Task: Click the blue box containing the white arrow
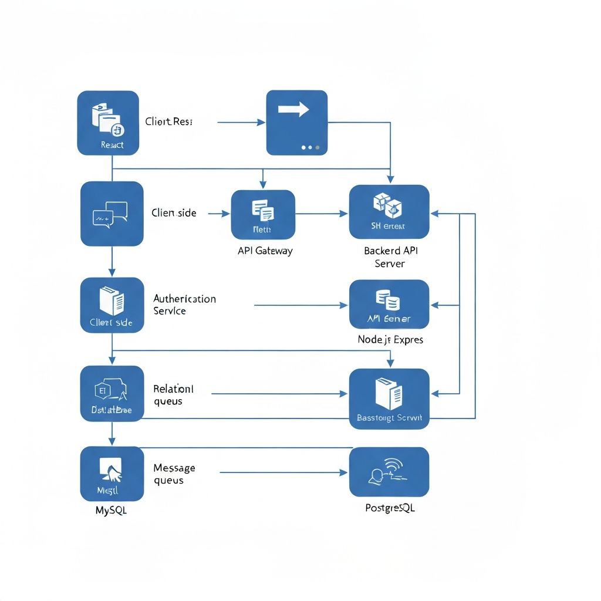point(296,122)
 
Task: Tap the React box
point(108,123)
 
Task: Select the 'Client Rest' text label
point(169,122)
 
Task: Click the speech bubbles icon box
point(112,214)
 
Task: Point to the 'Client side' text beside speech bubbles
point(174,213)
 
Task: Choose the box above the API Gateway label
point(263,214)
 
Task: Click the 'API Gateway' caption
point(265,251)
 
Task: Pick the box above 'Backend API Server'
point(389,212)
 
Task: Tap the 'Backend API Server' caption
point(391,257)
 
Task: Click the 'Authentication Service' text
point(184,305)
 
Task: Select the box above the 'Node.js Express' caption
point(389,304)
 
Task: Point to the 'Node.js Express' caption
point(390,340)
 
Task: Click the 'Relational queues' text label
point(173,395)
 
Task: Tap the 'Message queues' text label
point(174,474)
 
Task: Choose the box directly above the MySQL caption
point(112,473)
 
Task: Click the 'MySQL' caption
point(111,511)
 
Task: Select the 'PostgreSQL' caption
point(390,508)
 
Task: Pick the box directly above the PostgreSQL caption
point(389,472)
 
